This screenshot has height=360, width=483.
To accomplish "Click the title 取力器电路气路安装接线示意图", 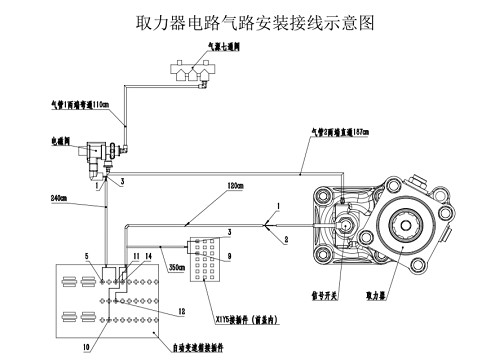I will [x=241, y=22].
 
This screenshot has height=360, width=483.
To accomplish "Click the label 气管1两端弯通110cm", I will [x=79, y=115].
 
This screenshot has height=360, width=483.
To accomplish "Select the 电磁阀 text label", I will [x=58, y=142].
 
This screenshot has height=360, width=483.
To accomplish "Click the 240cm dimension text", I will [x=59, y=198].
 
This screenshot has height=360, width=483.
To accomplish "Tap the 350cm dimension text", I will [x=177, y=268].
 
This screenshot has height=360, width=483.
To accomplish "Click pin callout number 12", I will [x=181, y=311].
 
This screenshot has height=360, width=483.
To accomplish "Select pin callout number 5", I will [x=87, y=256].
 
